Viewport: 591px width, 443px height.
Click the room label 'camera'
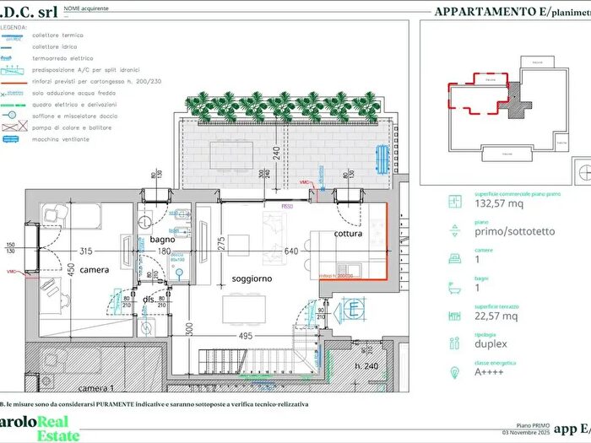pyautogui.click(x=95, y=269)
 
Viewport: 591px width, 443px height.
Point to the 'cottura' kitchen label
pyautogui.click(x=347, y=234)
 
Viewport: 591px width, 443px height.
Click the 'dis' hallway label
pyautogui.click(x=149, y=299)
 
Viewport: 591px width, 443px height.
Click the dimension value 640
pyautogui.click(x=291, y=251)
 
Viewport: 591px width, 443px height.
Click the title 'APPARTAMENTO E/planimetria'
pyautogui.click(x=510, y=12)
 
